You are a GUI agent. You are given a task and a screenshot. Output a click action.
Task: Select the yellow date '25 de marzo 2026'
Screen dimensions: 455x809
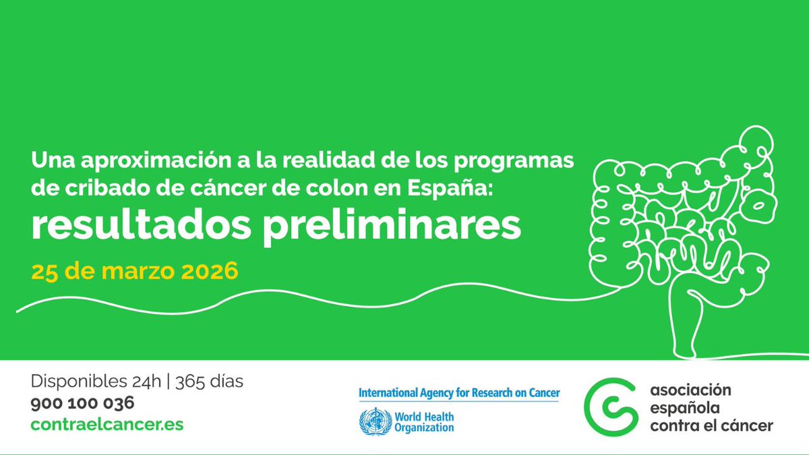(x=135, y=272)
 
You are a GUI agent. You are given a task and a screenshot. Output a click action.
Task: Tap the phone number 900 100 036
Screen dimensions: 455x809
(x=82, y=403)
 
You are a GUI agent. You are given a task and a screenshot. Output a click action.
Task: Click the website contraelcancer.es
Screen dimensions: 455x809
(x=107, y=425)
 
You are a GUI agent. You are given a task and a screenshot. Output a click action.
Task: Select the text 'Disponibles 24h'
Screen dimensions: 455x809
(x=96, y=382)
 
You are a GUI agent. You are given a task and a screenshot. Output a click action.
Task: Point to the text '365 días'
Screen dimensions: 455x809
(x=209, y=382)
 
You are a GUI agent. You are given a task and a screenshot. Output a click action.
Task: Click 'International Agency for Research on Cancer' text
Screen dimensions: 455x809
(x=458, y=393)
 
